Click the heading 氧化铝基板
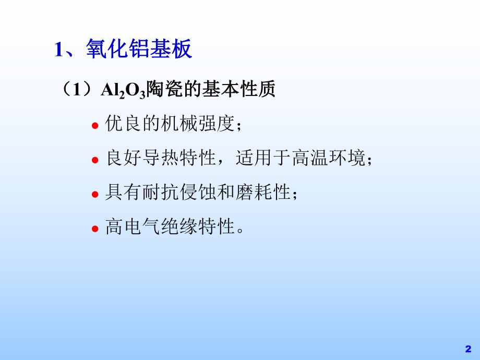(x=138, y=50)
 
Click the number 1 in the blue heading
(x=59, y=51)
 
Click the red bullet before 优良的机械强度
(x=95, y=126)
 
